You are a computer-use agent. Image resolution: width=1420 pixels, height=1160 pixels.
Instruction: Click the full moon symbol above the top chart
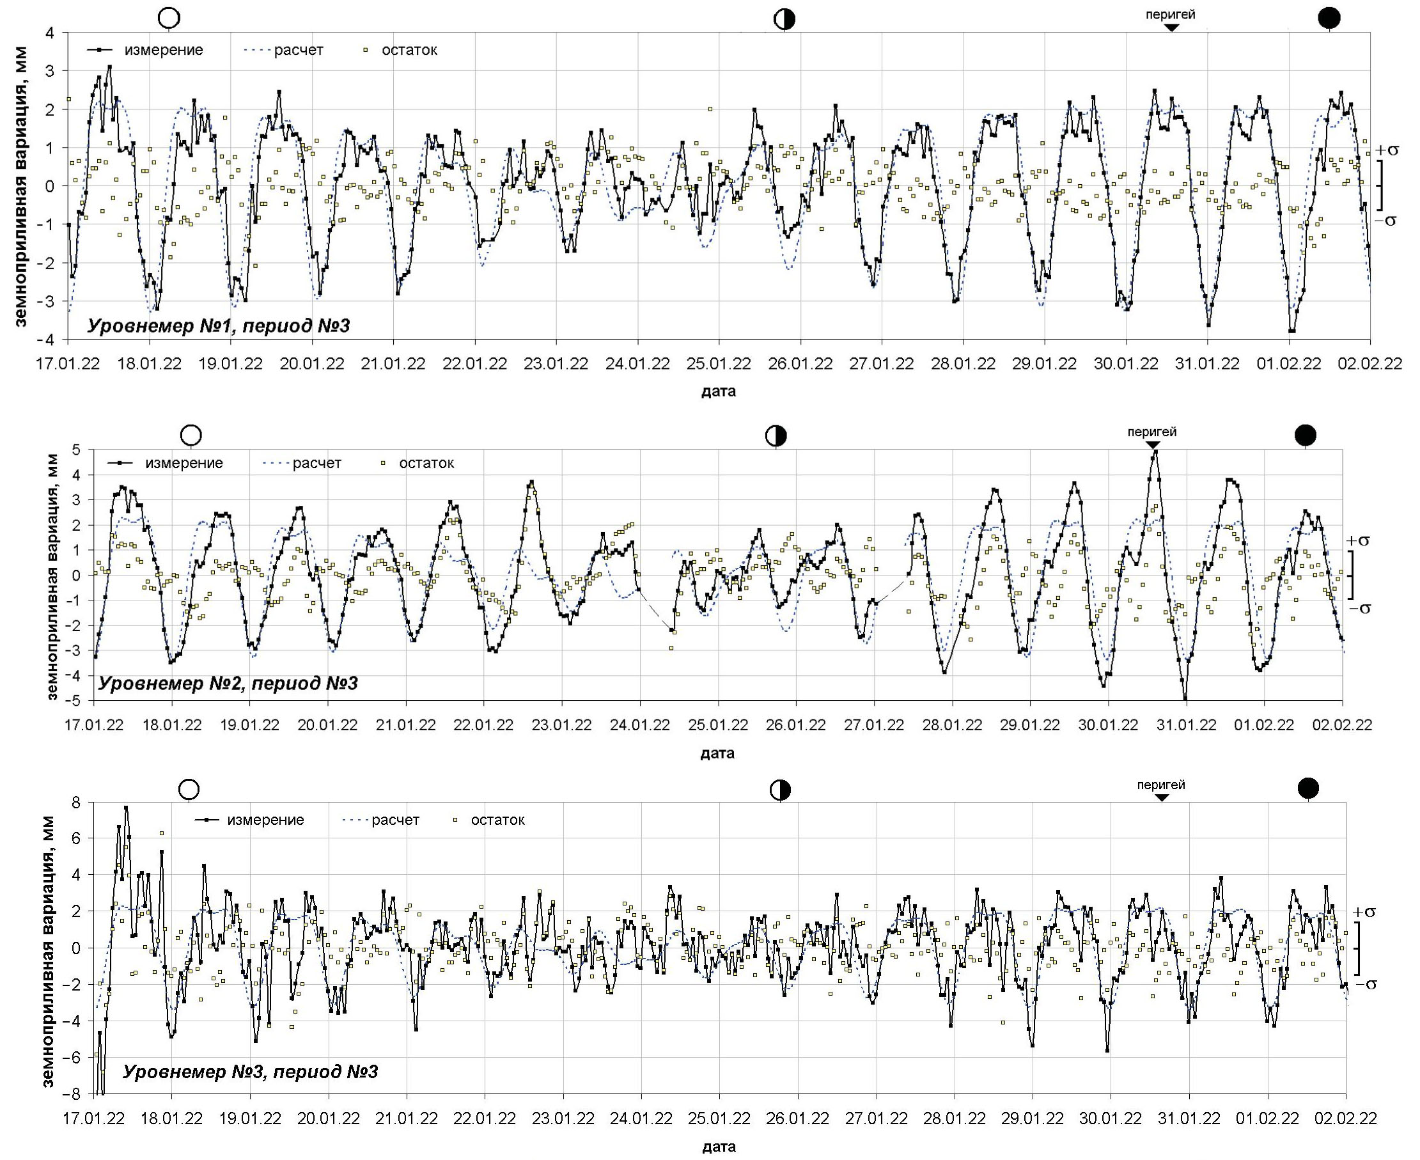tap(169, 18)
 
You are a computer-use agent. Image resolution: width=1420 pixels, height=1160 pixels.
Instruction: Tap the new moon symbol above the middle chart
tap(1305, 435)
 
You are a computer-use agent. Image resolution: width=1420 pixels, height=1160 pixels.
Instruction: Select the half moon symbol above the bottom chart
tap(780, 790)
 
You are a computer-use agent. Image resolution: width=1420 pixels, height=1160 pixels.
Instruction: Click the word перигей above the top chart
tap(1170, 14)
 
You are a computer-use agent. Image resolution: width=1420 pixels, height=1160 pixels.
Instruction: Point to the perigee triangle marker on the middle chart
tap(1152, 445)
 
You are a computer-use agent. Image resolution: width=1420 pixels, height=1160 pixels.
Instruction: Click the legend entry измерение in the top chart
tap(164, 50)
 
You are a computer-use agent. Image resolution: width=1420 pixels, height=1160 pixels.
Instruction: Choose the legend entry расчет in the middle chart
tap(316, 463)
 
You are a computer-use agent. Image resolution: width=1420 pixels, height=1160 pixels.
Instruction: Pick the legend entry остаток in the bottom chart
tap(497, 820)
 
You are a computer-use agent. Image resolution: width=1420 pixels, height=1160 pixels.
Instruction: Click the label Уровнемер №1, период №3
tap(219, 326)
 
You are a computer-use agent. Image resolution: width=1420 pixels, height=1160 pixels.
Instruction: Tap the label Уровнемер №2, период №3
tap(228, 683)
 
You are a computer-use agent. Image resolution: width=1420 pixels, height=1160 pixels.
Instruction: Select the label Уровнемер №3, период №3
tap(250, 1072)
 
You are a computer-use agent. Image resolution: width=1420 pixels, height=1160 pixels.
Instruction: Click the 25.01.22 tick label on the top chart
tap(719, 364)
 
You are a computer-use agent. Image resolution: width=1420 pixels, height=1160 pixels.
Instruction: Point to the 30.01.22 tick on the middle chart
tap(1108, 725)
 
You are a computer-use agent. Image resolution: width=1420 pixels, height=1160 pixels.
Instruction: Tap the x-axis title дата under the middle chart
tap(717, 754)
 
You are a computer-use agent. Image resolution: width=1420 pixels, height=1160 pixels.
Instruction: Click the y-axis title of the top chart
tap(21, 187)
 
